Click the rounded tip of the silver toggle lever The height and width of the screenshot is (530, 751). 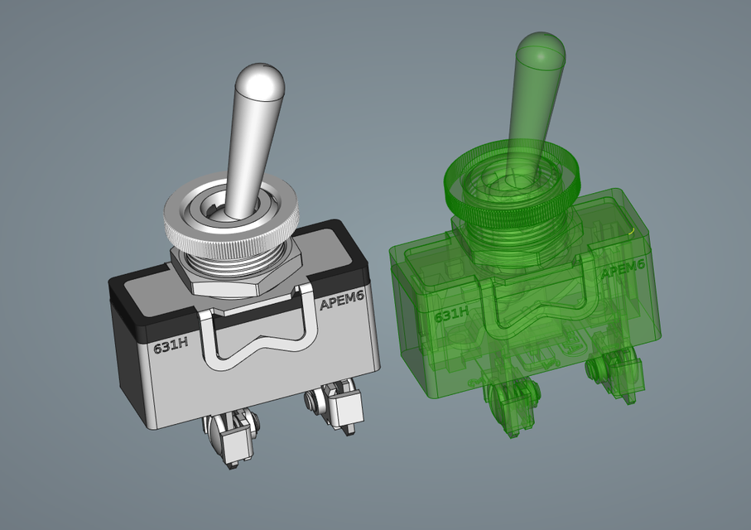pyautogui.click(x=261, y=80)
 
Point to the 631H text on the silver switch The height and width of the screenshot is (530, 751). pyautogui.click(x=170, y=345)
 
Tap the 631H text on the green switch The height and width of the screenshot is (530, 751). pyautogui.click(x=452, y=315)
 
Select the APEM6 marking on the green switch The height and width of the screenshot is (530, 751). pyautogui.click(x=622, y=270)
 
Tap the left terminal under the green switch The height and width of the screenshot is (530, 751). pyautogui.click(x=509, y=406)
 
